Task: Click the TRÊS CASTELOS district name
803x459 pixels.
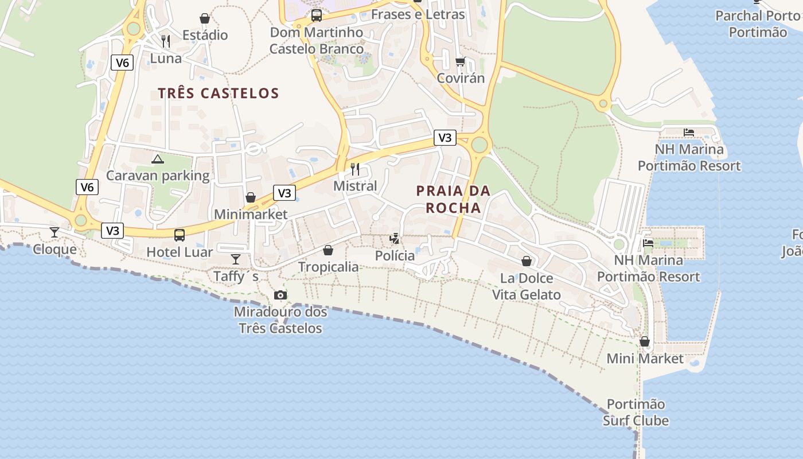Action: (219, 93)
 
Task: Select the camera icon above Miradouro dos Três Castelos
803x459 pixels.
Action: (280, 295)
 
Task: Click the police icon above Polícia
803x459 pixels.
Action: (395, 239)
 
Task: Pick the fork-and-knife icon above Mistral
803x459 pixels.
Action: (355, 169)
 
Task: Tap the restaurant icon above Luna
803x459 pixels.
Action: (166, 41)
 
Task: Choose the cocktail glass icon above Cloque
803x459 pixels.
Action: (54, 232)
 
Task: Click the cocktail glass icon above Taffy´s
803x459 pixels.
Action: (236, 259)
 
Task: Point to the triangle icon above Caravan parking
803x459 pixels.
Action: (158, 159)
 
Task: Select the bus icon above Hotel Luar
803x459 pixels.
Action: (180, 235)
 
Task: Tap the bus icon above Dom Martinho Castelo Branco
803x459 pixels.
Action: (316, 15)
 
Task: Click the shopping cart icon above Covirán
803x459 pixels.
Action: (460, 61)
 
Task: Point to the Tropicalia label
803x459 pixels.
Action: (329, 267)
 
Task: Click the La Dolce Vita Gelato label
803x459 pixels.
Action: (527, 286)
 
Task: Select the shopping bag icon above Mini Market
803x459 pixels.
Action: (645, 341)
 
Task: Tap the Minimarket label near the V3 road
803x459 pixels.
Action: (251, 215)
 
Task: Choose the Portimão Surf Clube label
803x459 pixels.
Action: (636, 413)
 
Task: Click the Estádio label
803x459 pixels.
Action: (205, 35)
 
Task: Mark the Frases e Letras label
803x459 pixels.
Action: (418, 14)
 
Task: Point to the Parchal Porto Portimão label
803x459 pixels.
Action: (758, 24)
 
